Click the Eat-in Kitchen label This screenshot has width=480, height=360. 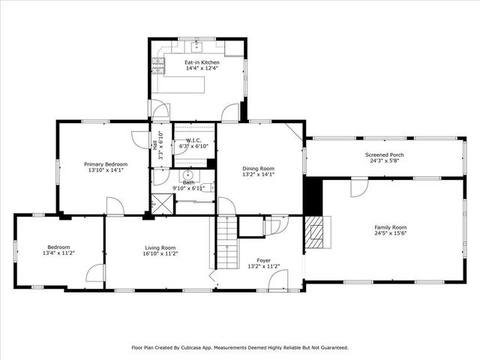tap(201, 62)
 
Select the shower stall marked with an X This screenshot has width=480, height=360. tap(161, 204)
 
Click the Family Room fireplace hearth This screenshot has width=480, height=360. tap(316, 232)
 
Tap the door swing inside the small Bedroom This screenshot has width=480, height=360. tap(95, 273)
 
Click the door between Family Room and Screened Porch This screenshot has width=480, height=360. tap(359, 186)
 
